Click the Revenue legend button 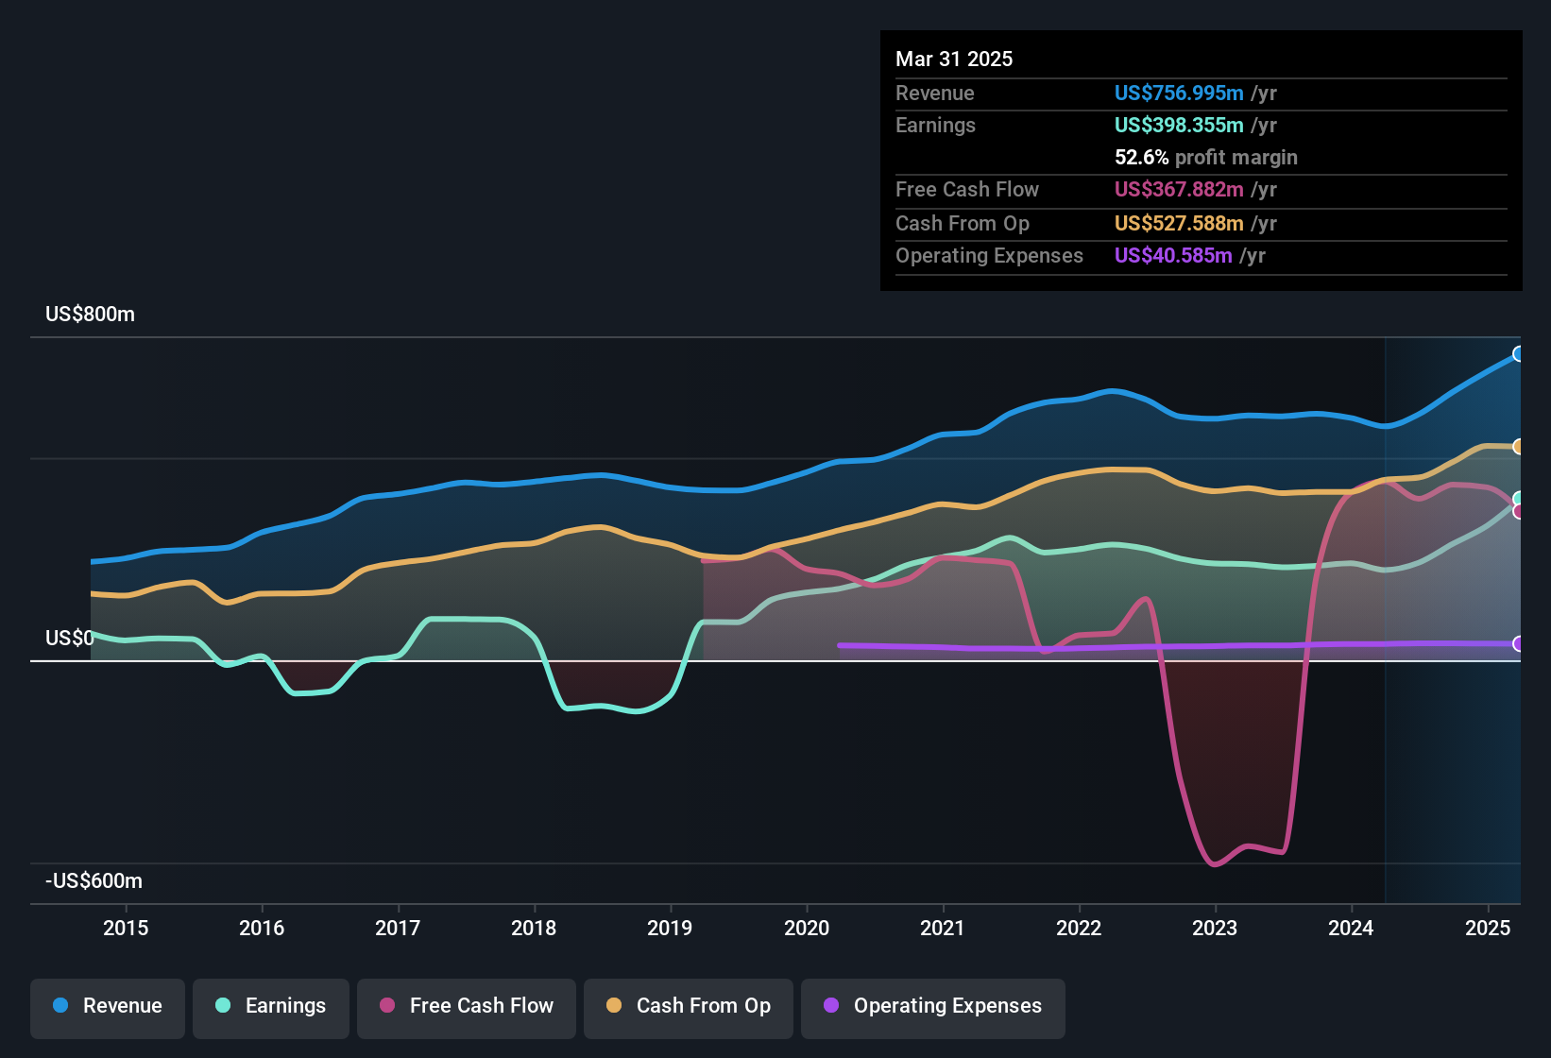pos(108,1006)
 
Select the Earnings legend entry pos(271,1006)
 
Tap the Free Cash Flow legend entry pos(467,1006)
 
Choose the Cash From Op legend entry pos(689,1006)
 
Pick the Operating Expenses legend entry pos(933,1006)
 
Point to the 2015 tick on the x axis pos(126,928)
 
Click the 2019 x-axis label pos(670,928)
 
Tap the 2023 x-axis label pos(1215,928)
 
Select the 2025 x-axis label pos(1487,928)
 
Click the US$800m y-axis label pos(90,315)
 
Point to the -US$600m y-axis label pos(94,881)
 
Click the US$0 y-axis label pos(69,639)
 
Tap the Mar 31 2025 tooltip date pos(954,60)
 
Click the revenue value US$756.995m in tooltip pos(1178,93)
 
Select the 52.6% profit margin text pos(1205,158)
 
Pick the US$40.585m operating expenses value pos(1172,256)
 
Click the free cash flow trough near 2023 pos(1215,864)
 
